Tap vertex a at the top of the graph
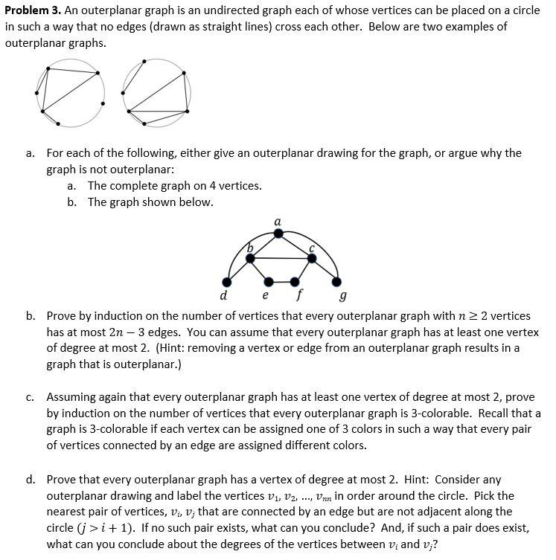coord(278,234)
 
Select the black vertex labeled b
coord(251,258)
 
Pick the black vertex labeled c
coord(311,258)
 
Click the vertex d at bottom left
coord(227,282)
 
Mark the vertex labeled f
coord(295,282)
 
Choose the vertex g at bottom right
coord(336,282)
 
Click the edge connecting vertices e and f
coord(281,282)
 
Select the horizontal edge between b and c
coord(281,258)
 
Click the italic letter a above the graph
coord(278,221)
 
